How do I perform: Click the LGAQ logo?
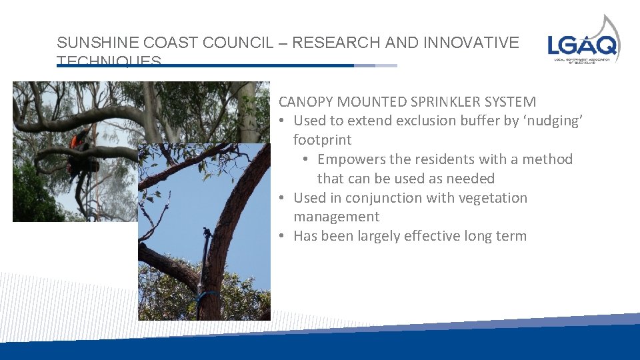pyautogui.click(x=584, y=41)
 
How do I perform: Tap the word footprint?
pyautogui.click(x=322, y=140)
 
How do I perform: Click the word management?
pyautogui.click(x=336, y=217)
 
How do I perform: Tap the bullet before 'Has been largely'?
pyautogui.click(x=283, y=236)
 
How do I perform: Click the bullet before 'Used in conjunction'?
pyautogui.click(x=283, y=198)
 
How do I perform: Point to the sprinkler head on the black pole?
pyautogui.click(x=207, y=233)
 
